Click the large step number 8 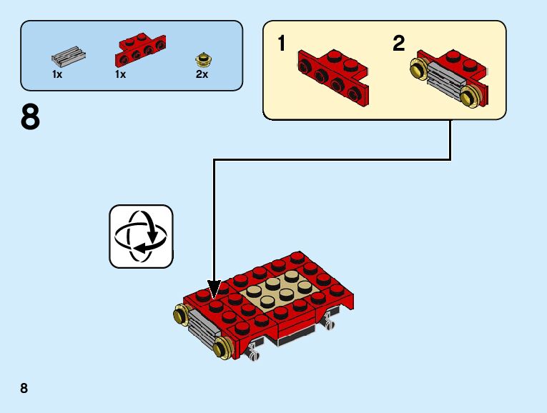tap(31, 118)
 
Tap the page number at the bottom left tap(24, 389)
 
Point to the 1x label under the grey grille tap(57, 74)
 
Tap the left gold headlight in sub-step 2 tap(418, 69)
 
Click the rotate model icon tap(141, 237)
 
